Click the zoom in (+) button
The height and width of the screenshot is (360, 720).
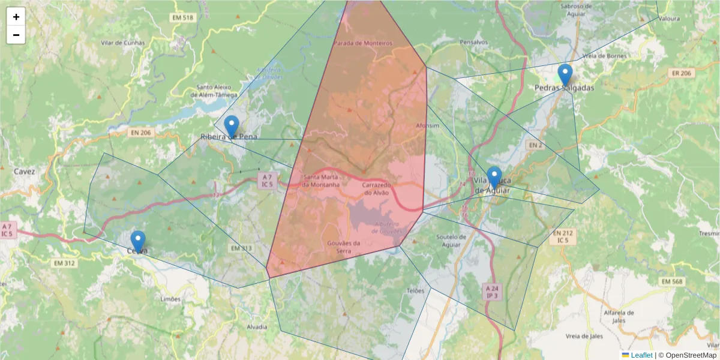(16, 17)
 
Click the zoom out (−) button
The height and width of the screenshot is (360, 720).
(16, 35)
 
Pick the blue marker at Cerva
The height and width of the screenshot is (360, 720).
(138, 241)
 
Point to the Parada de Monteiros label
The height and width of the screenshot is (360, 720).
(362, 43)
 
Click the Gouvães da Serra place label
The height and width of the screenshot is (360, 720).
(344, 247)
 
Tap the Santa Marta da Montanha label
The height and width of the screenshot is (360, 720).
(322, 181)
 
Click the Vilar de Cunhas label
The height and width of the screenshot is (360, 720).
(123, 43)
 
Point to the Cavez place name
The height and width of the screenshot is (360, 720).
(25, 172)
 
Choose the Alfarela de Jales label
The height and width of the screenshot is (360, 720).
(619, 316)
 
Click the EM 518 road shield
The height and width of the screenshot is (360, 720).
(182, 18)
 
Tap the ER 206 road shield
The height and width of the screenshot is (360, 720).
(680, 73)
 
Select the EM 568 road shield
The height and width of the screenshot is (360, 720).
(672, 281)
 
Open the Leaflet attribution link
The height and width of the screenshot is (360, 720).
(641, 355)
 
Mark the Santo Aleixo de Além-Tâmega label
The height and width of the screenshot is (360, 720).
(214, 91)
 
